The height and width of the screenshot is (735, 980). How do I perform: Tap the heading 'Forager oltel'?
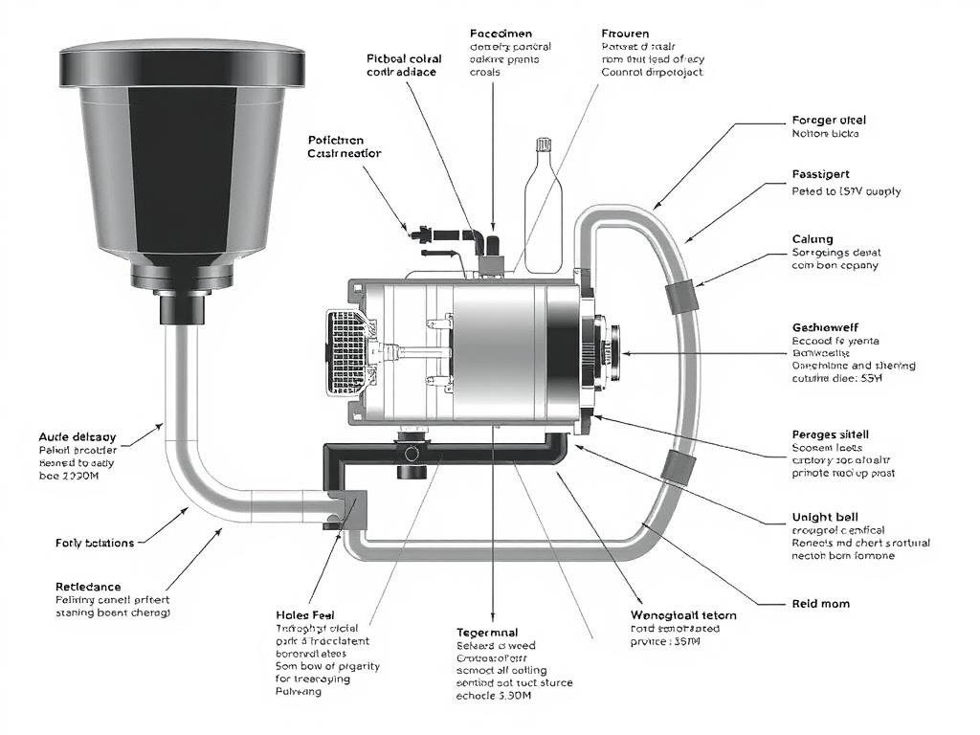829,121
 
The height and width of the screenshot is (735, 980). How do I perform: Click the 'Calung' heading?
813,239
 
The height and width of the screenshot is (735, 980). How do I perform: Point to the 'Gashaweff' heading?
826,327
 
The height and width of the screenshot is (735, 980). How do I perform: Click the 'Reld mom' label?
821,604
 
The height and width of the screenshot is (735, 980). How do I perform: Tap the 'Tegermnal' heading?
488,633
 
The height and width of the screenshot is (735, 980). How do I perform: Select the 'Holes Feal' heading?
304,614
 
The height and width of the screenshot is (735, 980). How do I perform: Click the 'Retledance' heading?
89,586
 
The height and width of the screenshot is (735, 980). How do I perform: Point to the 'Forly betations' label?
95,543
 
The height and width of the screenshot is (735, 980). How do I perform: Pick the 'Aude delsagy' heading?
78,435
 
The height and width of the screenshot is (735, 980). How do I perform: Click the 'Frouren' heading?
625,33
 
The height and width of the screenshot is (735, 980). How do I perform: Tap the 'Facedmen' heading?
502,33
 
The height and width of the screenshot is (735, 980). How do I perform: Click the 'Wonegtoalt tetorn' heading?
684,614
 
